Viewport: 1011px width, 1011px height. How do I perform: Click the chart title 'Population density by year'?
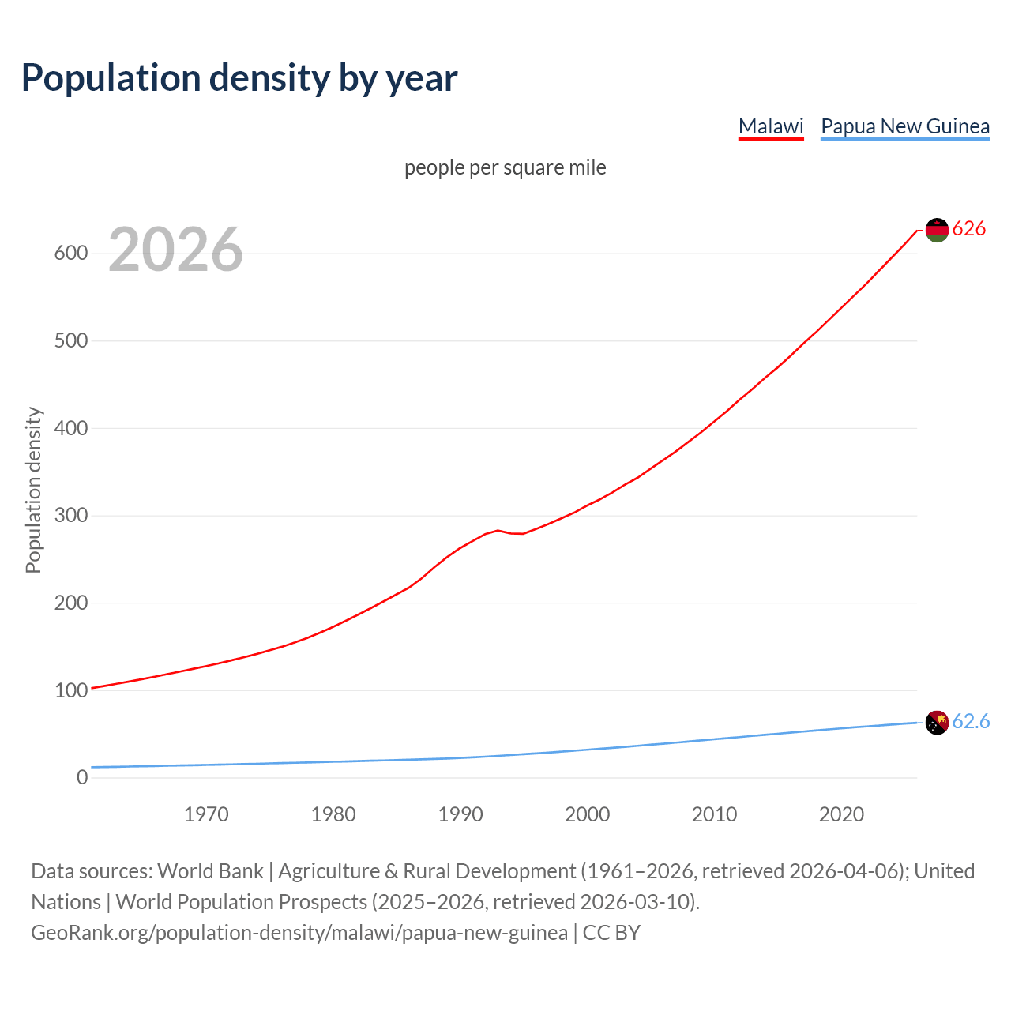(x=239, y=77)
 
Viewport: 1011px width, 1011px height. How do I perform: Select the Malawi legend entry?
(x=771, y=126)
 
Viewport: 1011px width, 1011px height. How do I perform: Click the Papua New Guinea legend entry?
(x=905, y=126)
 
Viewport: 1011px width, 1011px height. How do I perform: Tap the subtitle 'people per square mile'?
(x=505, y=167)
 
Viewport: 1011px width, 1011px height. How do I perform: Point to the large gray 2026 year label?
(x=175, y=250)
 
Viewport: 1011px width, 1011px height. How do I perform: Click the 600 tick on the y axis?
(x=71, y=254)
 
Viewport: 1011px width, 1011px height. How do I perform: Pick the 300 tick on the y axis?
(x=71, y=516)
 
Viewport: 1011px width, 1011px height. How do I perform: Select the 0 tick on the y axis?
(x=82, y=777)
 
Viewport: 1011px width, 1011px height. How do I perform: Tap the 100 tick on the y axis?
(x=71, y=690)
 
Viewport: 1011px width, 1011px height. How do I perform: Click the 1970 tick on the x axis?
(x=206, y=814)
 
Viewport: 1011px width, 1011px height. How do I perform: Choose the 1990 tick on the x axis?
(x=460, y=814)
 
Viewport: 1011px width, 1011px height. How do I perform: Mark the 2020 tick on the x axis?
(x=841, y=814)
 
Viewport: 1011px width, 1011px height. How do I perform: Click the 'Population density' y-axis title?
(x=33, y=490)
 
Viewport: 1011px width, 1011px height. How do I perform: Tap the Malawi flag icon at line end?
(x=937, y=230)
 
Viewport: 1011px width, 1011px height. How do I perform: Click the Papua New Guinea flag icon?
(x=937, y=722)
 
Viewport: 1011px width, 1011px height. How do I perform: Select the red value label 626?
(x=969, y=229)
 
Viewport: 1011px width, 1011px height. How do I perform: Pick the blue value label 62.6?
(x=971, y=721)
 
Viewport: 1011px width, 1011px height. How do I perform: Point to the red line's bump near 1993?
(x=498, y=531)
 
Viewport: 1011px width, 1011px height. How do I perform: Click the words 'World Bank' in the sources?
(x=210, y=870)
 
